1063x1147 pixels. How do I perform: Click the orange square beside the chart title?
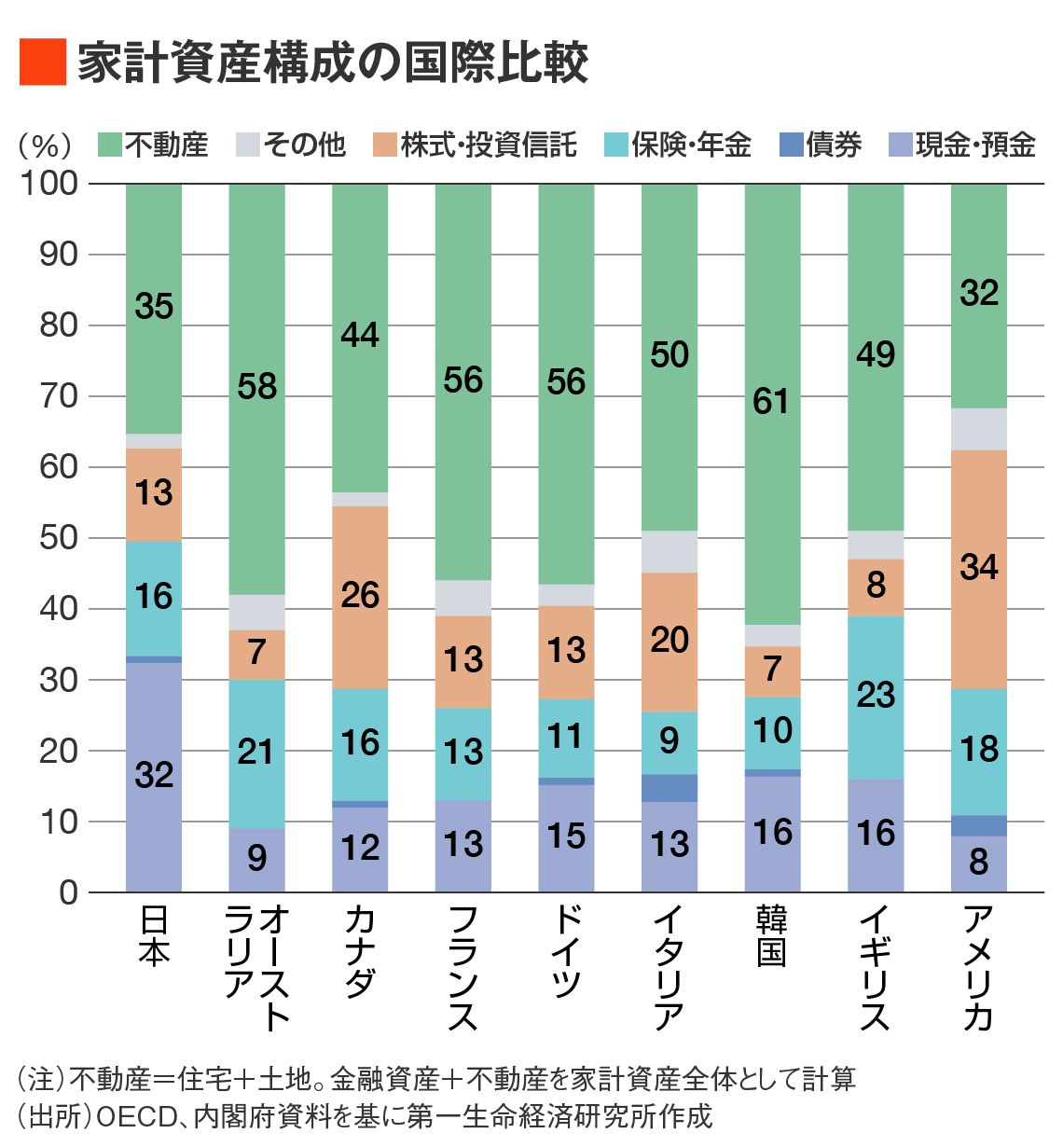(42, 62)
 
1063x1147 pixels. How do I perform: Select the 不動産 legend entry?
(153, 145)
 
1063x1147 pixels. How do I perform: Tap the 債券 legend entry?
(821, 145)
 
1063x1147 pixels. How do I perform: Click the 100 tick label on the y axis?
(49, 183)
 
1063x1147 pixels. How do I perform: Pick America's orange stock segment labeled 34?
(978, 568)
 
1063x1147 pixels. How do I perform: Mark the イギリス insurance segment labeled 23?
(876, 696)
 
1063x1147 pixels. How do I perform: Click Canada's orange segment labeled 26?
(360, 596)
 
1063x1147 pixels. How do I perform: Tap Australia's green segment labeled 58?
(256, 386)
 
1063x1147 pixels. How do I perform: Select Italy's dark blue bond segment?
(670, 788)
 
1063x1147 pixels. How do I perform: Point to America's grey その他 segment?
(978, 429)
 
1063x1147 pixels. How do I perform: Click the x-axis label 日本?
(154, 936)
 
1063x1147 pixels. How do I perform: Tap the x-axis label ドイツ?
(566, 951)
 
